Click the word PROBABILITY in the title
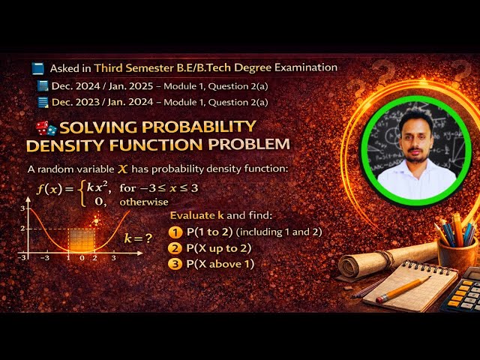197,126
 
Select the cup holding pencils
456,250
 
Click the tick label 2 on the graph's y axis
22,228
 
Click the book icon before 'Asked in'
38,68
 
